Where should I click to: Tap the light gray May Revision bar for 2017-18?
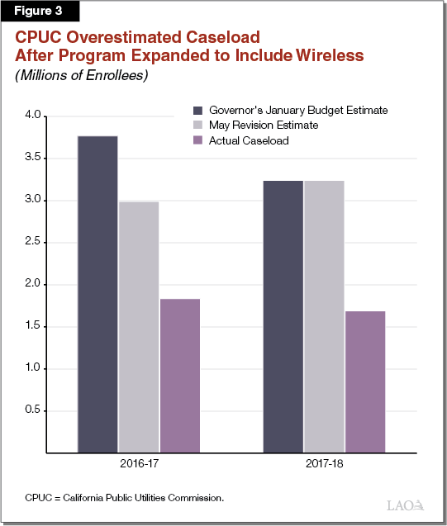click(x=323, y=316)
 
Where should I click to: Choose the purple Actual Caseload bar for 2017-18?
click(x=364, y=381)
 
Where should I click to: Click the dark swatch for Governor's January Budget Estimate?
click(x=198, y=110)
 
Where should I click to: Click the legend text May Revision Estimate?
click(x=264, y=126)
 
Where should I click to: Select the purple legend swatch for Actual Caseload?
click(x=198, y=140)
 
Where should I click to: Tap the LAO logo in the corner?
click(x=405, y=505)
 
